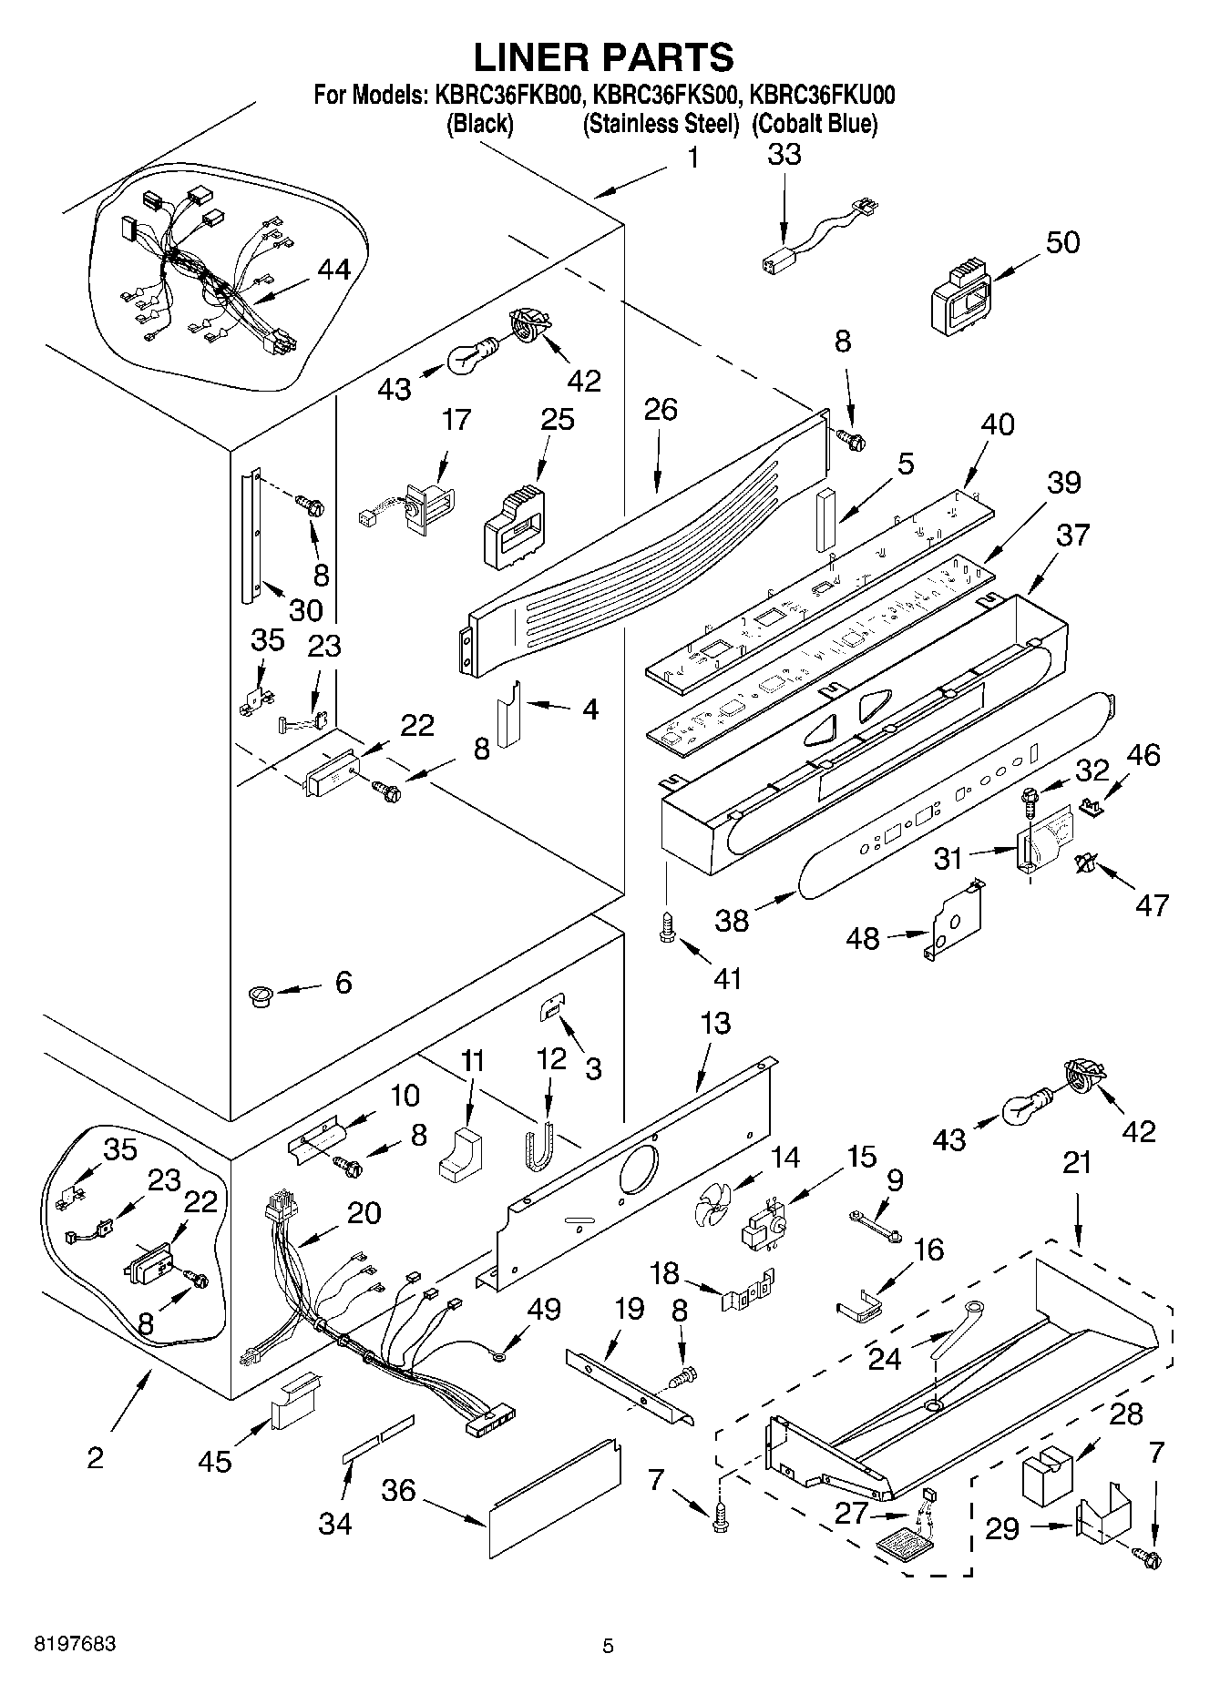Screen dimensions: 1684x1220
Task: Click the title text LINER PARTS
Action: (x=603, y=57)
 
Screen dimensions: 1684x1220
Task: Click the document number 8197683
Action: (x=75, y=1645)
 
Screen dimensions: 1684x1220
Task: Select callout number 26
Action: (x=661, y=410)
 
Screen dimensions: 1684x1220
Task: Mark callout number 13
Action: (x=716, y=1023)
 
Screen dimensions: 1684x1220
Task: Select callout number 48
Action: (x=863, y=938)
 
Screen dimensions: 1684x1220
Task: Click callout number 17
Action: (x=456, y=420)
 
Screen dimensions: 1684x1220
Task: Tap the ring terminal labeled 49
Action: (x=498, y=1358)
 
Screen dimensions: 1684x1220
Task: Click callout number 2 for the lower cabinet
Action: (x=95, y=1458)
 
